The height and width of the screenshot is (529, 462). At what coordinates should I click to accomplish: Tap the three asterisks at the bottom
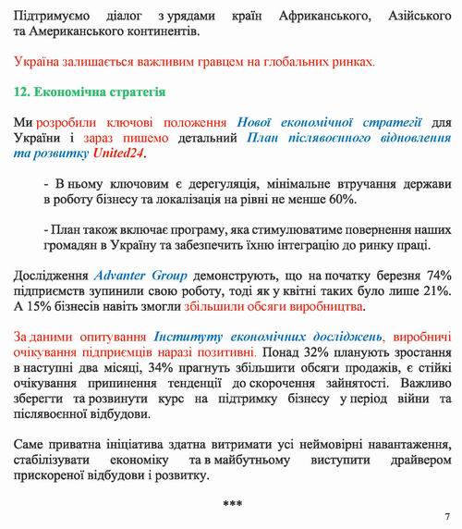click(x=232, y=503)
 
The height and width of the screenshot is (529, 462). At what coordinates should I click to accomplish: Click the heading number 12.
click(x=21, y=93)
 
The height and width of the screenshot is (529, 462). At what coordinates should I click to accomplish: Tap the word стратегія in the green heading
click(x=130, y=93)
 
